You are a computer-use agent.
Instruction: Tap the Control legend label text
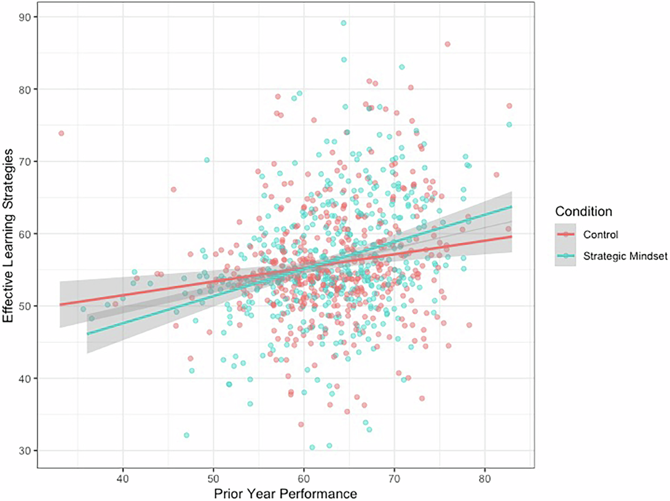[x=600, y=234]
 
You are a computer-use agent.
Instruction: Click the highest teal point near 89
[x=344, y=23]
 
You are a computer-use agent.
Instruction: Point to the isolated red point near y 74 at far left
[x=61, y=133]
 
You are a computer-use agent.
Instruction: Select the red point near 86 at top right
[x=447, y=44]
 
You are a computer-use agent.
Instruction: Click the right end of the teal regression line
[x=511, y=206]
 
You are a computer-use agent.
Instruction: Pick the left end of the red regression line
[x=60, y=305]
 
